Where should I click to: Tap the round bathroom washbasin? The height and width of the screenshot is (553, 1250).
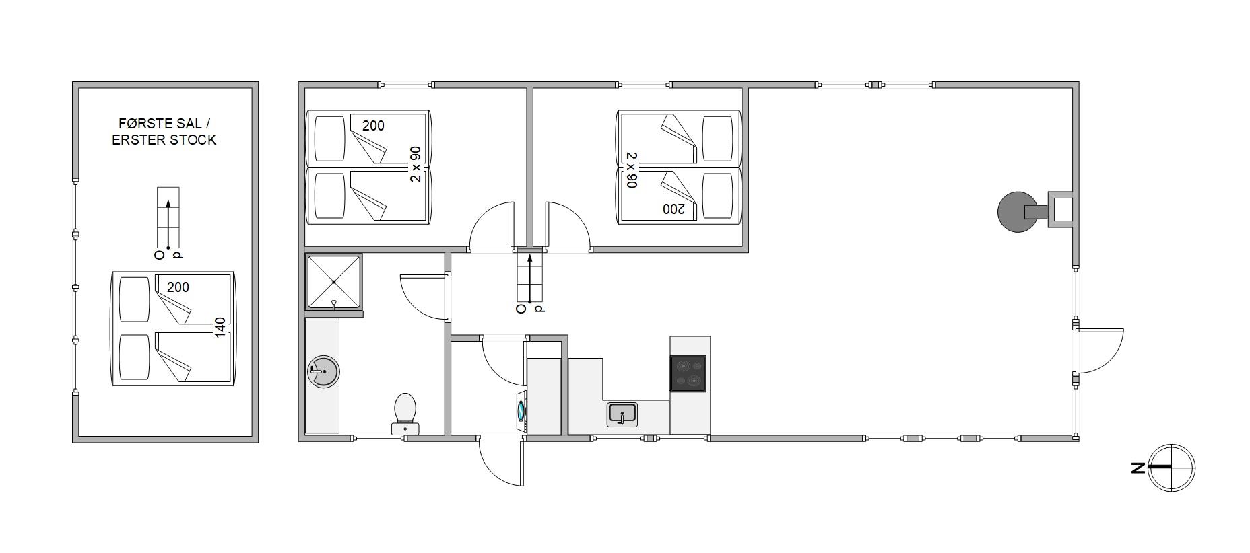click(323, 371)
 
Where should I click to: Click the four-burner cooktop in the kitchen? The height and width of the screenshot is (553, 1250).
click(688, 373)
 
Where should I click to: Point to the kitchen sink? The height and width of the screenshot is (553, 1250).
click(622, 414)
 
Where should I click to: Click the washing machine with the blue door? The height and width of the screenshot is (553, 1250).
click(521, 410)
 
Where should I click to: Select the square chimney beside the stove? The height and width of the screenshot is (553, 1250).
click(1061, 210)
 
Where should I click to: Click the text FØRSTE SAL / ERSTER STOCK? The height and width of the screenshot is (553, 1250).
click(164, 132)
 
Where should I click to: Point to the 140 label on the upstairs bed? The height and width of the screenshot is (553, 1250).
click(220, 327)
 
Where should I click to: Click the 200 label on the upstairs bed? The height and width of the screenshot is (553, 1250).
click(178, 287)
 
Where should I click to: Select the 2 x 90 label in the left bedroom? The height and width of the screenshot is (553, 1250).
click(416, 164)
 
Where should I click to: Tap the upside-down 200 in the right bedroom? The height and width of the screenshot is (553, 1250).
click(673, 209)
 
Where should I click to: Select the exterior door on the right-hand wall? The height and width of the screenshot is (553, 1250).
click(1099, 351)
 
